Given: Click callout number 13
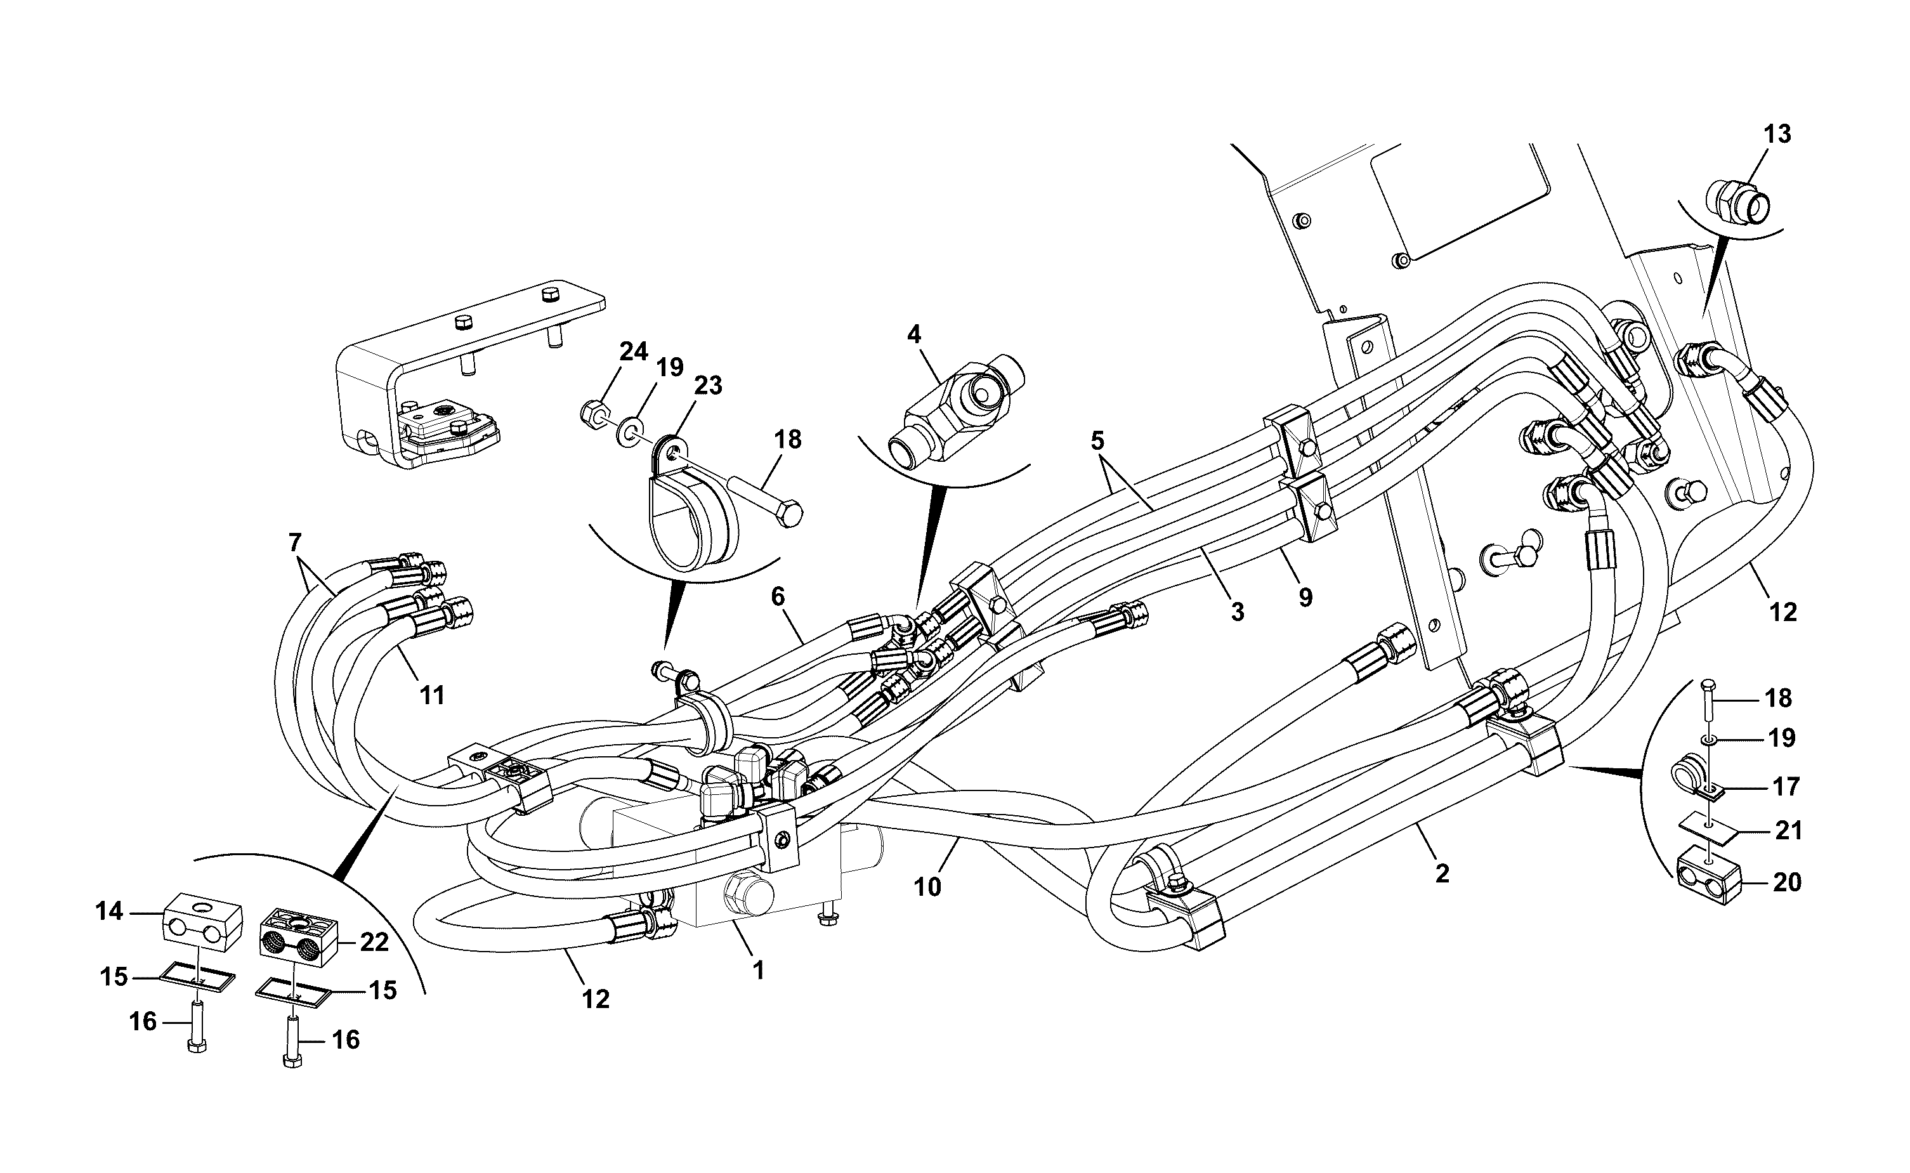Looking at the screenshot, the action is tap(1777, 134).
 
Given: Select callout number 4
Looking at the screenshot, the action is tap(913, 335).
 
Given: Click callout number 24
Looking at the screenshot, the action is tap(633, 351).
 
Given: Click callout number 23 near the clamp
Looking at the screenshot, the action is tap(707, 386).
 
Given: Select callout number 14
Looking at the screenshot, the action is tap(109, 911).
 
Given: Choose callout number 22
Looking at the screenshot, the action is tap(374, 942).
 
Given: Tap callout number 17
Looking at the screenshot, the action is tap(1785, 787).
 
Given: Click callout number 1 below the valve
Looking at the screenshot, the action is tap(759, 970).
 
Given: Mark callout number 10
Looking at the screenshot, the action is tap(927, 886).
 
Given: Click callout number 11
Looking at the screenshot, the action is tap(432, 695).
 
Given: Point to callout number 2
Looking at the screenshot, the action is tap(1442, 874).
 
